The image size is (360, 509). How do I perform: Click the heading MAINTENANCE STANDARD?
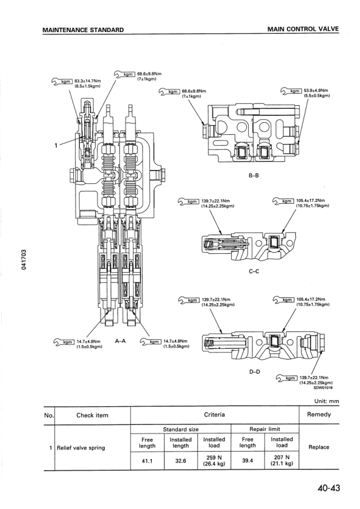pos(83,30)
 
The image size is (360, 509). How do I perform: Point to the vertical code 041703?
pos(23,261)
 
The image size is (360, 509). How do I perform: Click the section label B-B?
pos(254,177)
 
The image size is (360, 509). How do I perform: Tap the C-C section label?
pos(254,271)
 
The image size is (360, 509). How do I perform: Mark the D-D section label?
pos(254,371)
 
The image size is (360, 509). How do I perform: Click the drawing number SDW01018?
pos(322,389)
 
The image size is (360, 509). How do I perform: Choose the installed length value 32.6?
pos(180,460)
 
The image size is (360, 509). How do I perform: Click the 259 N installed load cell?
pos(214,460)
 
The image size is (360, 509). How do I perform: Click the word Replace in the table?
pos(319,447)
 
